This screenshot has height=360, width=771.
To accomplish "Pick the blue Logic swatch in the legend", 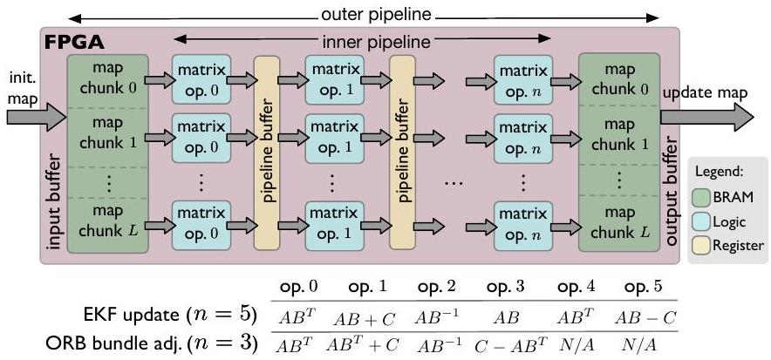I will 701,221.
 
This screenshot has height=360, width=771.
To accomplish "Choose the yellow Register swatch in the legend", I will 701,245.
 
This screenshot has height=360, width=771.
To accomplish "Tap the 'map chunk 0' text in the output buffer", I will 618,78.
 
